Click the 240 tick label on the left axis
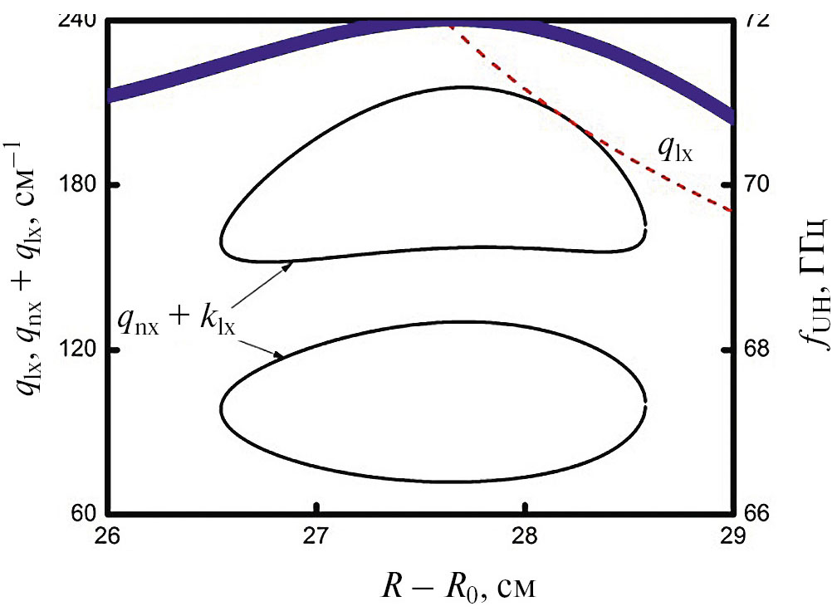coord(78,19)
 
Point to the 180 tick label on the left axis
coord(78,183)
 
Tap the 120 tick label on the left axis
coord(78,349)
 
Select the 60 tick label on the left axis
coord(83,513)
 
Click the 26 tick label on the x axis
coord(109,535)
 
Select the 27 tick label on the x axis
coord(316,535)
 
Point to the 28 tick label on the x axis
coord(524,535)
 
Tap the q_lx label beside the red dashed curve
coord(676,149)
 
